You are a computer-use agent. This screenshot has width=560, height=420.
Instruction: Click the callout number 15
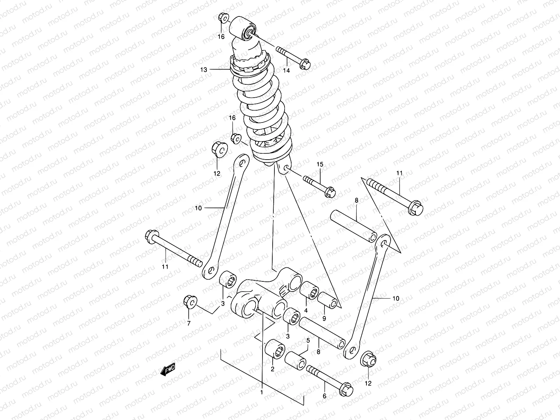(x=319, y=164)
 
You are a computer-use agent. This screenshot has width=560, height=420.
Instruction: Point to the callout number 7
(x=189, y=323)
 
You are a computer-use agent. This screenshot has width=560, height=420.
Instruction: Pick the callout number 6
(x=324, y=396)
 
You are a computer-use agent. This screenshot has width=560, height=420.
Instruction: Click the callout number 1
(x=261, y=393)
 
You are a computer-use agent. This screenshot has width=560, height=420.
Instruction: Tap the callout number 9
(x=324, y=318)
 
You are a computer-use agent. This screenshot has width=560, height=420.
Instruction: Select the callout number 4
(x=306, y=310)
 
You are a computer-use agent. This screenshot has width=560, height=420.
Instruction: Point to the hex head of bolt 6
(x=346, y=389)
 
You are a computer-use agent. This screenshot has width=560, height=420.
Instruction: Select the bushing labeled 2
(x=275, y=349)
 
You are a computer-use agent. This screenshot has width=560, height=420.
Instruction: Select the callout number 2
(x=272, y=369)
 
